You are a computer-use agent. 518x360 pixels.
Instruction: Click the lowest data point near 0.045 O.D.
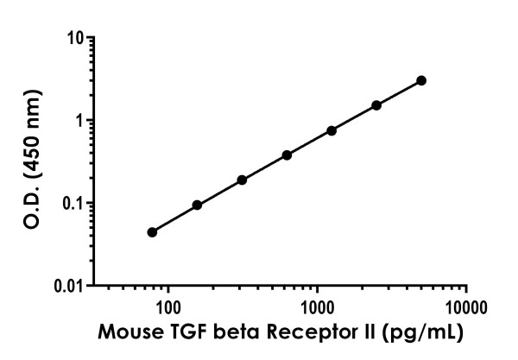(152, 232)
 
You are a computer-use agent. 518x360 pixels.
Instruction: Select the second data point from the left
(197, 205)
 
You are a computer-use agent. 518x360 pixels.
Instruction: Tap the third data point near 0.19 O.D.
(242, 180)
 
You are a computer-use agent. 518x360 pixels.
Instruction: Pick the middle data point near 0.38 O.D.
(287, 155)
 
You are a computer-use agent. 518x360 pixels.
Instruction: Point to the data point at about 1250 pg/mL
(332, 130)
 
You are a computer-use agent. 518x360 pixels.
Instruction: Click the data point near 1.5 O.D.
(376, 105)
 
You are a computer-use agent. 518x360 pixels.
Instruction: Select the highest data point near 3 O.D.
(421, 80)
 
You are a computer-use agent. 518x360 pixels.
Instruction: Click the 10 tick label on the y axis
(76, 39)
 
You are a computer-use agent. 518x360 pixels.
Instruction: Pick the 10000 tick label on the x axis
(467, 306)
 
